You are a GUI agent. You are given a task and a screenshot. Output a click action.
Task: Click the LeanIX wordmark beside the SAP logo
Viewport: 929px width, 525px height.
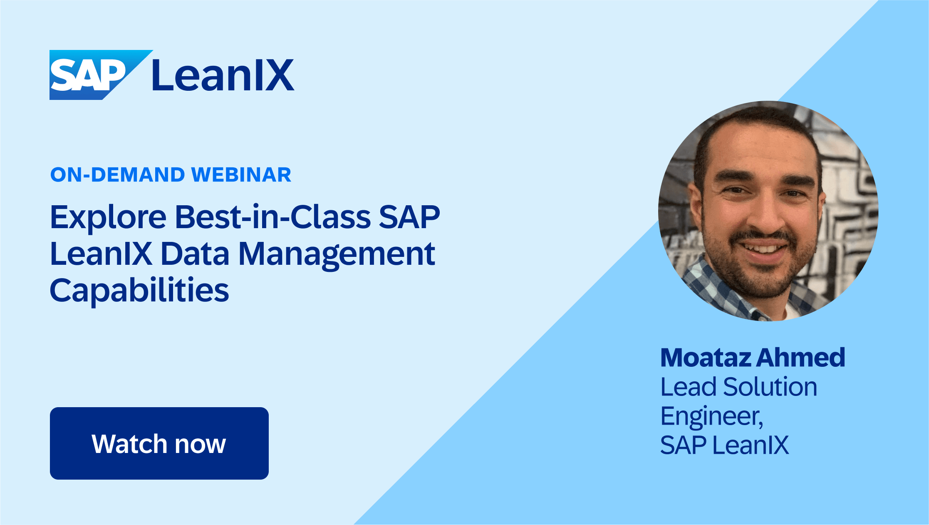223,75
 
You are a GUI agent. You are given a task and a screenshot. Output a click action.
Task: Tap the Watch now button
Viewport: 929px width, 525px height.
159,443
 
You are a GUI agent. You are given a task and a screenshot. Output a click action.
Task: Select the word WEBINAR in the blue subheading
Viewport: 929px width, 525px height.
241,175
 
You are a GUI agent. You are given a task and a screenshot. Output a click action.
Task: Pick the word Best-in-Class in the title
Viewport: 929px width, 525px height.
273,217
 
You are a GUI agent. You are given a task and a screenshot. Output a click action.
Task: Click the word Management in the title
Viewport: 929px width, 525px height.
337,254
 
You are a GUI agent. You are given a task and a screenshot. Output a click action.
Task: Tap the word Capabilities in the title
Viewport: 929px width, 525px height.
139,291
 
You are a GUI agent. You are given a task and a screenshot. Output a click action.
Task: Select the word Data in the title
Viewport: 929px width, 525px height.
195,254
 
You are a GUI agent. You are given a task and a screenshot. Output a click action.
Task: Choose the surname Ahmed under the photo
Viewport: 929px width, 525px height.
800,358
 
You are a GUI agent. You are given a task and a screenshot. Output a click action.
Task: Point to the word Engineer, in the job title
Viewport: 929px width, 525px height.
712,416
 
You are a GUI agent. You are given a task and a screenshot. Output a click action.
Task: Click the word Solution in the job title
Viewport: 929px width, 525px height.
770,387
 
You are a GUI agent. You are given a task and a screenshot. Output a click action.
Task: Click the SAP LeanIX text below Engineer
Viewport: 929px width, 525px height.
724,445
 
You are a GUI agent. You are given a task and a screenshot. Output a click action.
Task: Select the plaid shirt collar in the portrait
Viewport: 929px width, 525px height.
716,287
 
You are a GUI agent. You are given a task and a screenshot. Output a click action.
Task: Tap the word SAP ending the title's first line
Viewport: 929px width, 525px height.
409,217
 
